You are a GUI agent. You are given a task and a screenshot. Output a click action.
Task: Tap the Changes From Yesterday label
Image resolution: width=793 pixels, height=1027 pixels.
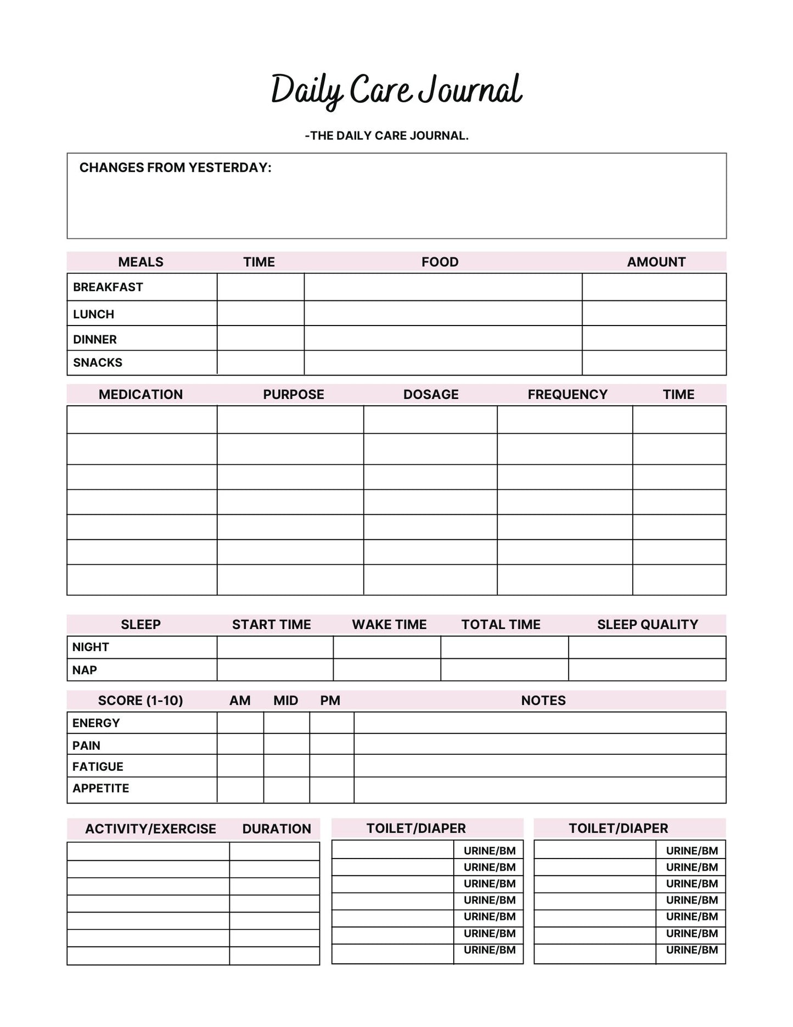click(175, 168)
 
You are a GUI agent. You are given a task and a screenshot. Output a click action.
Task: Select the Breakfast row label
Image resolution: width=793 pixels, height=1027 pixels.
click(108, 287)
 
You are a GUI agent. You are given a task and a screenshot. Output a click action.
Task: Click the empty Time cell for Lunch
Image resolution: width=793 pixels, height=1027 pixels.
click(260, 313)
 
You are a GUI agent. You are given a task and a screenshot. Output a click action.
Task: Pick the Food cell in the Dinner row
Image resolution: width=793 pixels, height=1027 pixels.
click(442, 338)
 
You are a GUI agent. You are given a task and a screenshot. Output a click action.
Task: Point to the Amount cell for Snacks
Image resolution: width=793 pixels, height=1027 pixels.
click(654, 363)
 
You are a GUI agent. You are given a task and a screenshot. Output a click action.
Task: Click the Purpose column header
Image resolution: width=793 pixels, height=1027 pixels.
click(293, 395)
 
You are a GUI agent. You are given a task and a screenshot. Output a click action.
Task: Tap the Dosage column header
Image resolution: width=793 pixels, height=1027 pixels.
click(430, 395)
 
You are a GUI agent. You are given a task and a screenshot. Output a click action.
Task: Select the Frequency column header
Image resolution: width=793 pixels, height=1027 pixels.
click(567, 395)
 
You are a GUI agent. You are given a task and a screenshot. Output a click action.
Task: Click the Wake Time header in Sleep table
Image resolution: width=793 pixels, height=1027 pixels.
click(389, 625)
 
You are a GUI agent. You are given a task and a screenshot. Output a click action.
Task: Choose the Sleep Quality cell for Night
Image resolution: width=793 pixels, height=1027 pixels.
click(646, 647)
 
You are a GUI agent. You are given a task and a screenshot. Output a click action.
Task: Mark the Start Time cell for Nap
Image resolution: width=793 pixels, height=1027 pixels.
click(274, 670)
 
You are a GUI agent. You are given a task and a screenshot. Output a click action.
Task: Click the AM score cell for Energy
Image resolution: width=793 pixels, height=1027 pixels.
click(240, 723)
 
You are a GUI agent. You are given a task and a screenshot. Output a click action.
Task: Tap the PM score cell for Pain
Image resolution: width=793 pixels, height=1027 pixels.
click(331, 744)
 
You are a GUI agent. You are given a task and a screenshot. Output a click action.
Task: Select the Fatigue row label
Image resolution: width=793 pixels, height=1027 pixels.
click(98, 767)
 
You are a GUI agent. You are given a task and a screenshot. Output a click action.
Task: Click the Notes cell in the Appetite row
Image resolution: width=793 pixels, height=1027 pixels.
click(539, 789)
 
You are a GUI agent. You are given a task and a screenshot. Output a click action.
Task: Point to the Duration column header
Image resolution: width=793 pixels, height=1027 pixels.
click(277, 829)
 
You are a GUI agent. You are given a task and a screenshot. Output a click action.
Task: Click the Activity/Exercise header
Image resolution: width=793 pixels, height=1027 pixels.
click(150, 829)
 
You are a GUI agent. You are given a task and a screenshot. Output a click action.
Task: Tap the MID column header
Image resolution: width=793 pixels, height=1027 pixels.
click(285, 701)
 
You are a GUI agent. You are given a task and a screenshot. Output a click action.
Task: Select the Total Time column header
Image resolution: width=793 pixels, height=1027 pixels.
click(500, 625)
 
